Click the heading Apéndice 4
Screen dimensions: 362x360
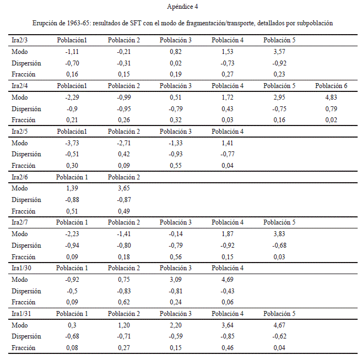[x=182, y=7]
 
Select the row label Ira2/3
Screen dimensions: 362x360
[x=20, y=40]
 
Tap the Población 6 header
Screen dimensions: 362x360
[x=331, y=86]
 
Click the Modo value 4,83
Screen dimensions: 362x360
[x=331, y=97]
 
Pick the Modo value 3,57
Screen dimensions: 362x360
[x=279, y=52]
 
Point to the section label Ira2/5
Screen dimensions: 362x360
[x=20, y=132]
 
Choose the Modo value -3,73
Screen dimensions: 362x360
[x=72, y=143]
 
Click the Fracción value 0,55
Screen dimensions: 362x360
[x=176, y=166]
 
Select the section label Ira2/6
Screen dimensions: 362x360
[x=20, y=177]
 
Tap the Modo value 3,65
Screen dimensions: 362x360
[x=124, y=188]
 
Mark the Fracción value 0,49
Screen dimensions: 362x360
[x=124, y=211]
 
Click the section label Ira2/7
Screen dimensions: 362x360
[x=20, y=222]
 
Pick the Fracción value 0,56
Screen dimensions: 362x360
[x=176, y=257]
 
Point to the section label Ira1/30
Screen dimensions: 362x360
[x=21, y=268]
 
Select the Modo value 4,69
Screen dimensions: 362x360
[x=228, y=280]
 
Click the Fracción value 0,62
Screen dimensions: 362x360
[x=124, y=302]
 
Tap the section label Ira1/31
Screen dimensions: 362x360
[x=21, y=314]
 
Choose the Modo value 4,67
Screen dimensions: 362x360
[x=279, y=325]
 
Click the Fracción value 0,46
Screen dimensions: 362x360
[x=228, y=348]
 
